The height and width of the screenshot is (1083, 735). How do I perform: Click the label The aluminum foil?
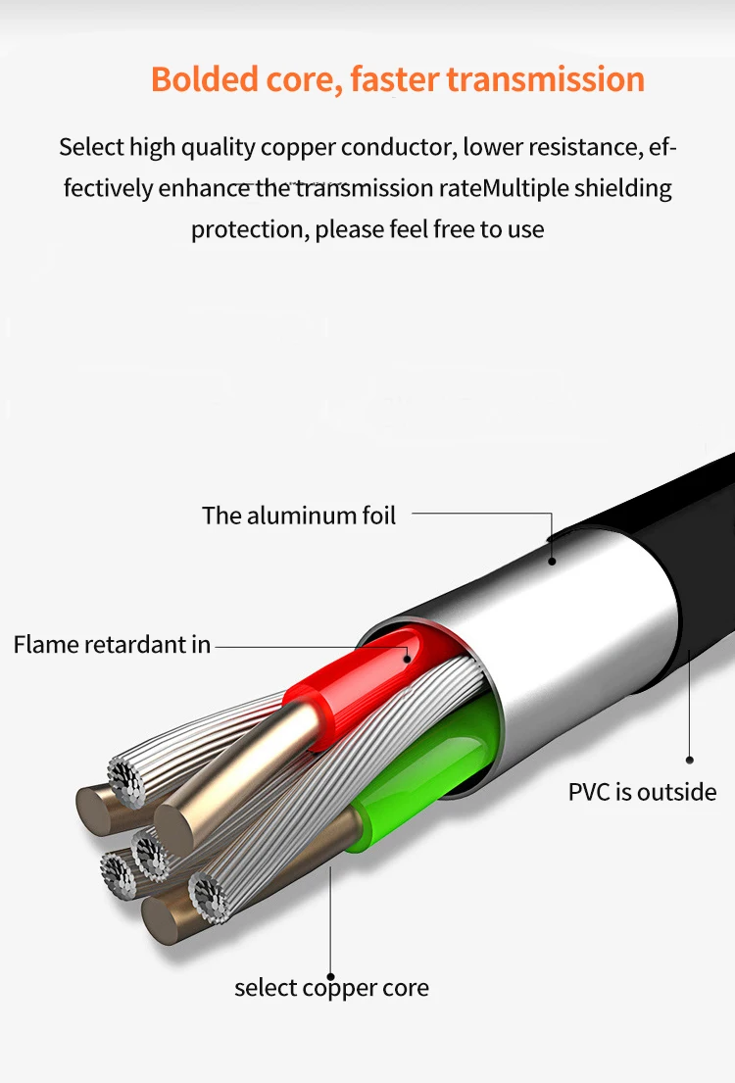pos(299,516)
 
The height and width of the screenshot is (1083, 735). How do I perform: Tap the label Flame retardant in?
pos(112,645)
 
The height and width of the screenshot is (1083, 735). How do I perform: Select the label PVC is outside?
pos(642,792)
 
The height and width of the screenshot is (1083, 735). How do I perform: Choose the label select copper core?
pos(331,987)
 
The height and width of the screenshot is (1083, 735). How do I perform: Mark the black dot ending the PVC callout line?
pos(690,759)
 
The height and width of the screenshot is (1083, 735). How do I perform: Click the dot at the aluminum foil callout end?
pos(552,562)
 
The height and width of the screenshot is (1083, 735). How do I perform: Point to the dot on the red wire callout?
pos(411,660)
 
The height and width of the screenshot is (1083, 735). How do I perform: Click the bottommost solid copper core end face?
pos(162,918)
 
